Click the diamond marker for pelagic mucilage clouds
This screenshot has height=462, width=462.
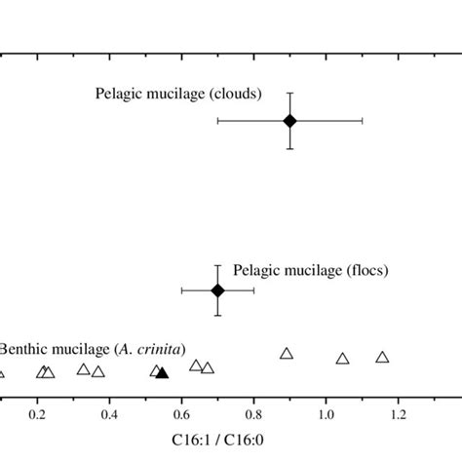(x=289, y=120)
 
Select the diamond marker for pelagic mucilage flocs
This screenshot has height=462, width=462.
(x=217, y=289)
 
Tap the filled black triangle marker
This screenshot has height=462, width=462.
(x=163, y=371)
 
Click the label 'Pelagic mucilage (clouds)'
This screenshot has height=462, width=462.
(x=178, y=95)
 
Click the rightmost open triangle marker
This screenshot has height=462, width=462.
(x=382, y=358)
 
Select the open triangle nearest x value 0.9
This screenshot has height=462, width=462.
(x=287, y=353)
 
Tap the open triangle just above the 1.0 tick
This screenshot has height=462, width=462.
(x=342, y=359)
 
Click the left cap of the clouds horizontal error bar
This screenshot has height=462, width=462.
(x=217, y=120)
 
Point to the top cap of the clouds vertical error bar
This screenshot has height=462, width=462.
(x=289, y=93)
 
